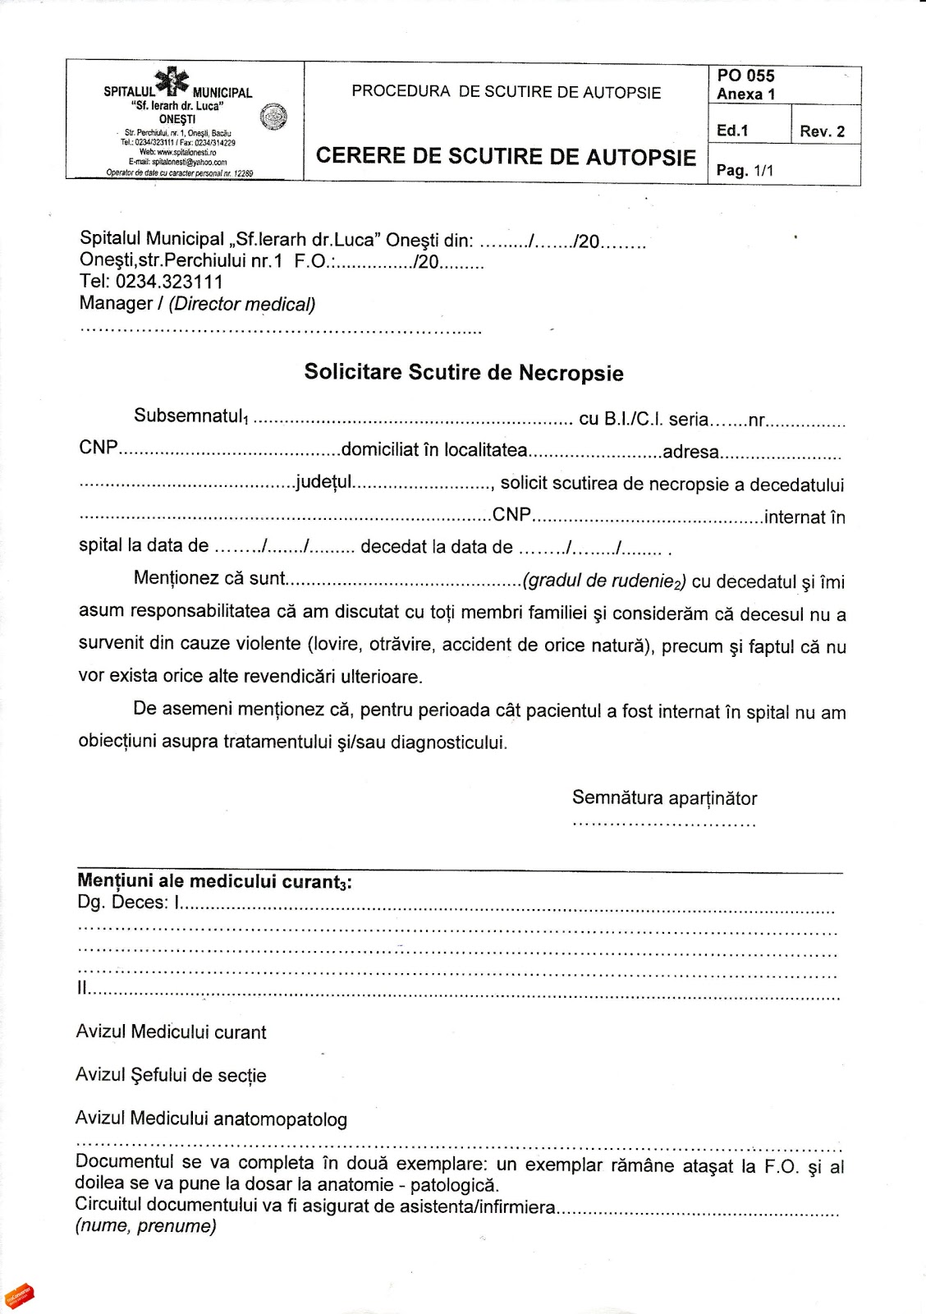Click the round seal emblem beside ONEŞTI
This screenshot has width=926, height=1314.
click(x=273, y=117)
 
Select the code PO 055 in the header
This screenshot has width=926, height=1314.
click(x=745, y=76)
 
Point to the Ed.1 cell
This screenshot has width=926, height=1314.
click(x=732, y=131)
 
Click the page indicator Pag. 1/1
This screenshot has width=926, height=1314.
click(x=745, y=171)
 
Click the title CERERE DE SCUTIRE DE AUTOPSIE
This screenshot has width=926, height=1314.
click(x=506, y=156)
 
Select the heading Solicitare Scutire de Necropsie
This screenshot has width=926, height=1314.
click(x=464, y=372)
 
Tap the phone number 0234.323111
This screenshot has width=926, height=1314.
click(x=169, y=282)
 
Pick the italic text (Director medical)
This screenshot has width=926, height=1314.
click(x=242, y=304)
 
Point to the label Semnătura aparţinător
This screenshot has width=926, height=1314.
click(x=664, y=797)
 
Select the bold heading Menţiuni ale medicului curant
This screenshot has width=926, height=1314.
click(x=214, y=881)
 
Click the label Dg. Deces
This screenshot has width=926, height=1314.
click(x=123, y=903)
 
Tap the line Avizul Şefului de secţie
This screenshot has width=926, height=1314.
click(x=171, y=1075)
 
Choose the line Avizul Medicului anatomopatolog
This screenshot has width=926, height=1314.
click(x=211, y=1119)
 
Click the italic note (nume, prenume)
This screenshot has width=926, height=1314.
click(x=146, y=1226)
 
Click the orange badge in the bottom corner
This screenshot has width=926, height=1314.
click(x=19, y=1297)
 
